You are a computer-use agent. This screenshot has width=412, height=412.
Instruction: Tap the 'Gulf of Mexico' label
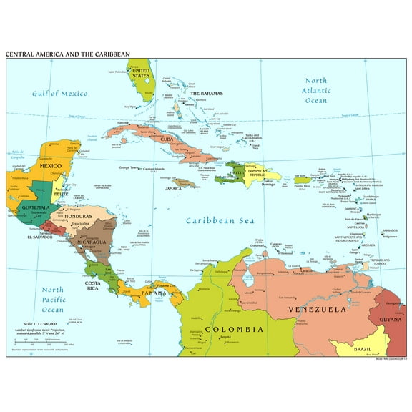point(59,94)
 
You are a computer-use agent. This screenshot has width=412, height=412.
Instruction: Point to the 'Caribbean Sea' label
point(220,220)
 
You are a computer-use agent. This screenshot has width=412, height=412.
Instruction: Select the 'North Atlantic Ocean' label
point(316,91)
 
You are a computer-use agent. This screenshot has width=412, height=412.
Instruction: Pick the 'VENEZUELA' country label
point(317,309)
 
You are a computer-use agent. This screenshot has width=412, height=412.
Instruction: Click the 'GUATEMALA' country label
point(35,207)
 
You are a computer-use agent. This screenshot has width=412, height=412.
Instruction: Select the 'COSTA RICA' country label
point(92,287)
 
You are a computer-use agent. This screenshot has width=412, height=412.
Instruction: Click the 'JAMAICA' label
point(174,189)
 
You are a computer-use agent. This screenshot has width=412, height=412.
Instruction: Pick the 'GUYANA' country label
point(389,320)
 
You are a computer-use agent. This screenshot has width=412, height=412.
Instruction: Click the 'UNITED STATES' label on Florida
point(141,74)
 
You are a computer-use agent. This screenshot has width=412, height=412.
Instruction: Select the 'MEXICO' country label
point(51,165)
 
